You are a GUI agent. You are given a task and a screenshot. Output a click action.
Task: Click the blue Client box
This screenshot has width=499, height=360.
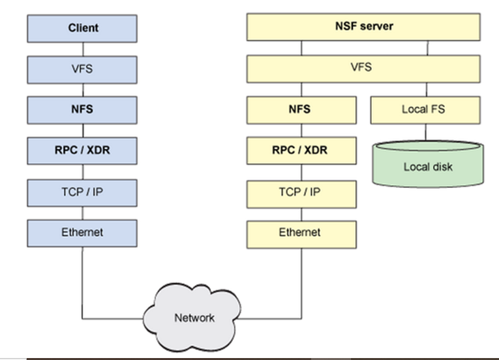(83, 28)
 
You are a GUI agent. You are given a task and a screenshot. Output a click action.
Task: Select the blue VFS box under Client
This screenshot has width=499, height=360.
(83, 68)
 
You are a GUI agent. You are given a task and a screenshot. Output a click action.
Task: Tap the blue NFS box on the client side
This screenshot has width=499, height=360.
(83, 110)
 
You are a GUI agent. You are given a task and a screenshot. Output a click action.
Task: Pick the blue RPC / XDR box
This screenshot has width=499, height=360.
(83, 151)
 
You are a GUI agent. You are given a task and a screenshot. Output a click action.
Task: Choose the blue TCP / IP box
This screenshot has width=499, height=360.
(83, 192)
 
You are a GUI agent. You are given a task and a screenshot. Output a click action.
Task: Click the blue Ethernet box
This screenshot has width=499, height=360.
(83, 233)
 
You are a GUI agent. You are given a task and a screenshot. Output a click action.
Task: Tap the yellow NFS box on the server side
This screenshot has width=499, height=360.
(301, 110)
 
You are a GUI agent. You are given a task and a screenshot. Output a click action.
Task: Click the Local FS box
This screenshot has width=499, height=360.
(425, 110)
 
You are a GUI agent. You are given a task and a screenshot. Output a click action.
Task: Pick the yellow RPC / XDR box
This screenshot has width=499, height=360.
(301, 151)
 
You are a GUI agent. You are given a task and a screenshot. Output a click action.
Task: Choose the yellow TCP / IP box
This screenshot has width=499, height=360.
(301, 192)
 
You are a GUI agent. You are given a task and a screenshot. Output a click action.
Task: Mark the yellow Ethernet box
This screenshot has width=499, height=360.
(301, 233)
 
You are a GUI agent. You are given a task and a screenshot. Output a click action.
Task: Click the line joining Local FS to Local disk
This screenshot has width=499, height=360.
(427, 132)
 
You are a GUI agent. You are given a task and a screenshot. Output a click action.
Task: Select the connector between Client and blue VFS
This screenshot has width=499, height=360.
(83, 48)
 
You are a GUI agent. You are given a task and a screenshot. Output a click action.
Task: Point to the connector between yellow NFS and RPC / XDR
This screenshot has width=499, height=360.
(301, 130)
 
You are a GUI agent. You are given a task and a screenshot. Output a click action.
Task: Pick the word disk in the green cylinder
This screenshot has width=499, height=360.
(442, 167)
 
